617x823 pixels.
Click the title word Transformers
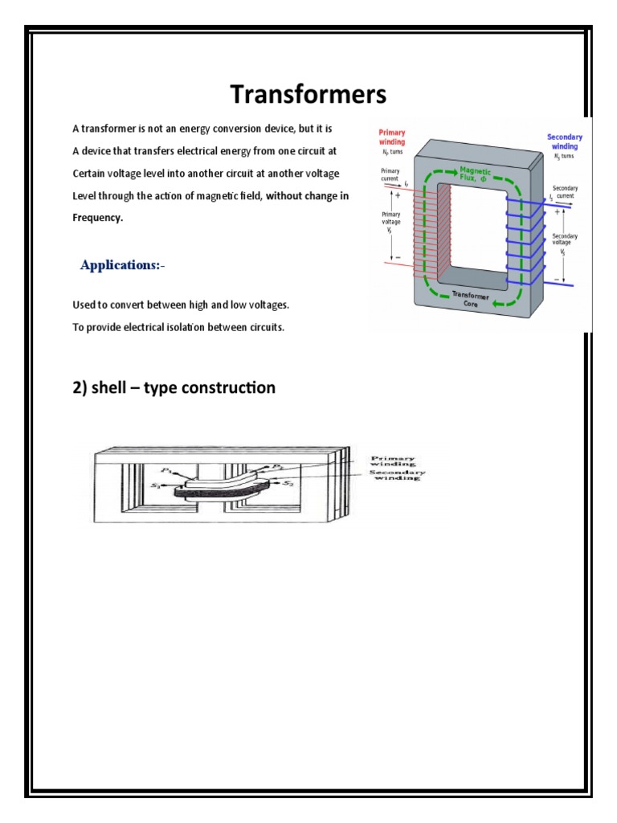click(x=308, y=95)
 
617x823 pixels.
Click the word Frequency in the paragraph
click(x=98, y=218)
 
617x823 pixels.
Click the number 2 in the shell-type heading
click(x=78, y=388)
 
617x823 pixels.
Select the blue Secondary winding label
click(x=564, y=142)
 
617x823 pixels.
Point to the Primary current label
click(x=390, y=176)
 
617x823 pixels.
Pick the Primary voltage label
click(x=390, y=221)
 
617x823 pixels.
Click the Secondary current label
click(x=565, y=192)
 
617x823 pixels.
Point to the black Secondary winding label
click(x=396, y=475)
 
